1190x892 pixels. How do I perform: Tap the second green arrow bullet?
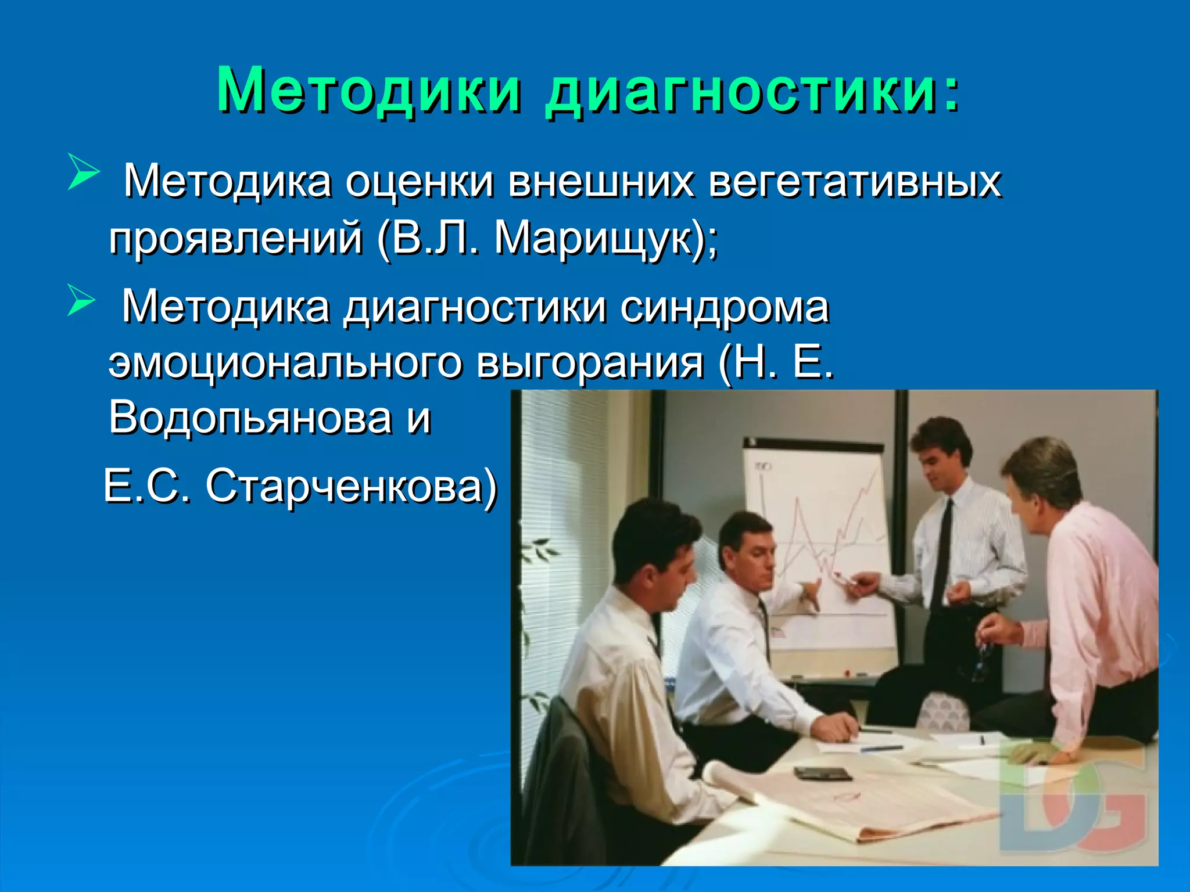(x=81, y=300)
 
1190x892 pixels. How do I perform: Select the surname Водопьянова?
(x=250, y=418)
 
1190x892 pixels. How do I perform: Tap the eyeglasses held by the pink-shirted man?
(x=982, y=659)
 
